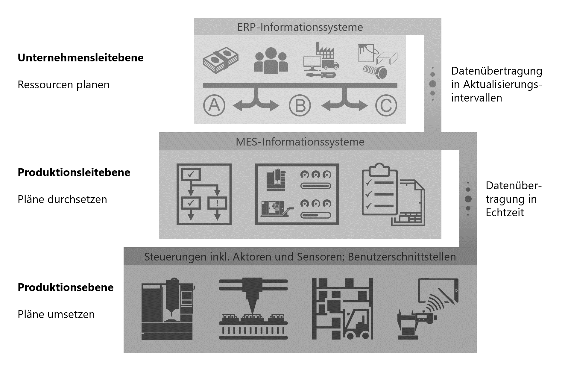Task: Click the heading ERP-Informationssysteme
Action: (300, 27)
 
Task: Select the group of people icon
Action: (271, 60)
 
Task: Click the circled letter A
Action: (214, 105)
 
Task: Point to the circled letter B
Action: (300, 105)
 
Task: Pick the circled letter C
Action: (386, 105)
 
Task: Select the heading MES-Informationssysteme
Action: (300, 142)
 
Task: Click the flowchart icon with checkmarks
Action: (204, 194)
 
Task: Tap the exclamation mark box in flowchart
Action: (217, 203)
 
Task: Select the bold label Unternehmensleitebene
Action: (81, 58)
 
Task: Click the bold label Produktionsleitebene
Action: (74, 172)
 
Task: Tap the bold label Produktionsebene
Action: (66, 287)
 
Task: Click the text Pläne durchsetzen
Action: (62, 199)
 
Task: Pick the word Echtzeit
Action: (505, 213)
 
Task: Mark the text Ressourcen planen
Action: (63, 85)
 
